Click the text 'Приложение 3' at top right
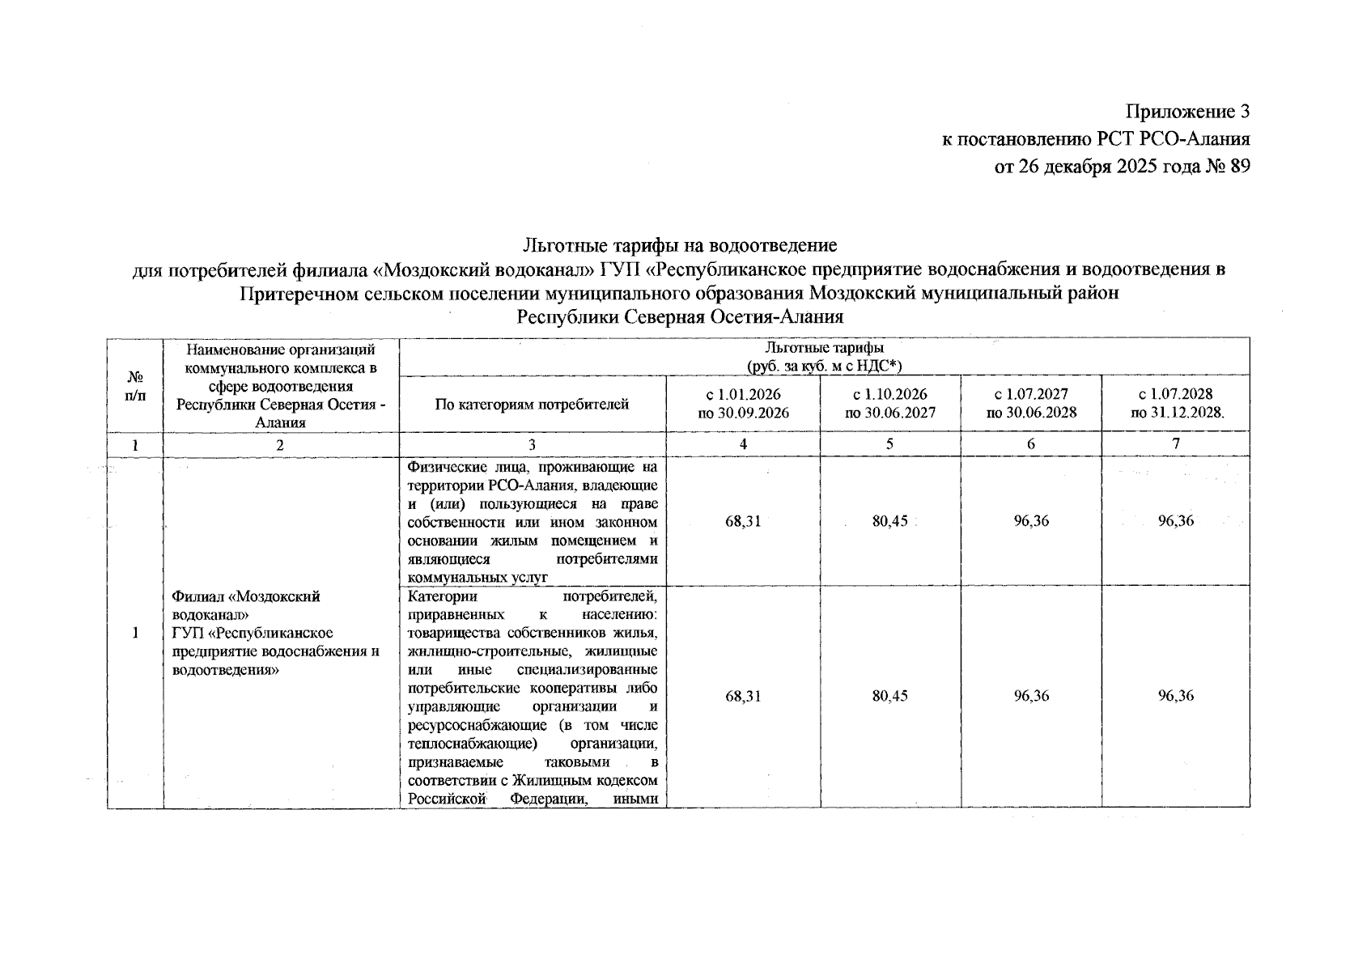click(x=1187, y=112)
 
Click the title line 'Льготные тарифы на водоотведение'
click(x=680, y=244)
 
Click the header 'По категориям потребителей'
click(x=532, y=404)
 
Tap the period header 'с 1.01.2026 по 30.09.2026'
click(x=743, y=403)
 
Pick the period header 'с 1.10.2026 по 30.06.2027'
click(x=890, y=403)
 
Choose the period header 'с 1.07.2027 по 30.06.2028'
click(x=1031, y=403)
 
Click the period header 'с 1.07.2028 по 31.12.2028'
click(x=1175, y=403)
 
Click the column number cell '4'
click(x=743, y=443)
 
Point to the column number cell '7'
click(x=1175, y=443)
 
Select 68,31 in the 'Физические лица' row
click(x=743, y=521)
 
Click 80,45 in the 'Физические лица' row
click(x=890, y=521)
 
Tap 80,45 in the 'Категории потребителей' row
click(x=890, y=696)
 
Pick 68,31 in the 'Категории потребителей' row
click(x=743, y=696)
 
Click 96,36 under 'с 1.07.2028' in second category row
click(x=1175, y=696)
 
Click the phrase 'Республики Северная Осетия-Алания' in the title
click(x=680, y=316)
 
